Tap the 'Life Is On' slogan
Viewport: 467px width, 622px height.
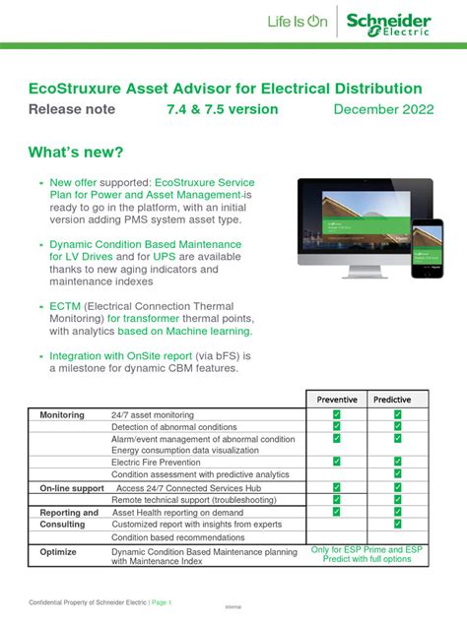[x=297, y=22]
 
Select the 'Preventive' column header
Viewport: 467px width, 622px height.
[x=337, y=400]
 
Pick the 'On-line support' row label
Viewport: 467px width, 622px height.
[x=71, y=488]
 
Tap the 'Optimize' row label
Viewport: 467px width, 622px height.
[x=57, y=552]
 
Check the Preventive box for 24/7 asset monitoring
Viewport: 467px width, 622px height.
[x=336, y=415]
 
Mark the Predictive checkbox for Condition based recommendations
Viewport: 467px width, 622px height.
[x=398, y=537]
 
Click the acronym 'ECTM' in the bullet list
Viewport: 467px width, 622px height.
[x=65, y=306]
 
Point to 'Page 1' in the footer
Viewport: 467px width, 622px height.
[x=162, y=602]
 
